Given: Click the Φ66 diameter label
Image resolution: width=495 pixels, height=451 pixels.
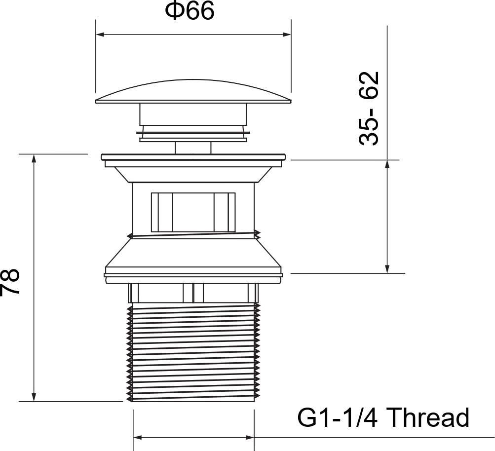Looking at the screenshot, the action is [190, 11].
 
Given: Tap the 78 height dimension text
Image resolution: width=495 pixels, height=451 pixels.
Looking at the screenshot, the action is [9, 282].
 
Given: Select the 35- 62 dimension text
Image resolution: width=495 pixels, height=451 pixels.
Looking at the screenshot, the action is [368, 109].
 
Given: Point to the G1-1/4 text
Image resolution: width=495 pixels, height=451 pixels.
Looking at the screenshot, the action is [337, 417].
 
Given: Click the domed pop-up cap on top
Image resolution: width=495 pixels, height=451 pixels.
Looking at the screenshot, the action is [193, 91].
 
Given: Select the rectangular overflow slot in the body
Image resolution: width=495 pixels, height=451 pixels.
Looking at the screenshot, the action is [193, 212].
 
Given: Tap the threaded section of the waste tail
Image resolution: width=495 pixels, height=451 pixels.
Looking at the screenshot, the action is [193, 352].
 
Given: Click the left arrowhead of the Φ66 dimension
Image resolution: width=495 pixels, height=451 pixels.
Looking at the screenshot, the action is [100, 35].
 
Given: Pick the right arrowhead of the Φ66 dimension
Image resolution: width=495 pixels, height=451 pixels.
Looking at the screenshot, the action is [287, 35].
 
